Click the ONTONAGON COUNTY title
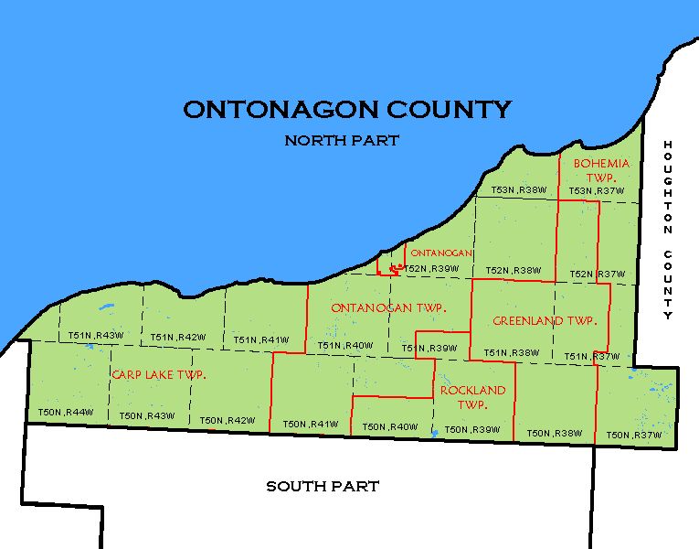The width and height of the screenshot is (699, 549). point(347,110)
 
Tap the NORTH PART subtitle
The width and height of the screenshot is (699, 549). point(342,141)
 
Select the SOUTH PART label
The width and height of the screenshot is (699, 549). point(323,486)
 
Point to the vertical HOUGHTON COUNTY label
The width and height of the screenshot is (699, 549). point(668,230)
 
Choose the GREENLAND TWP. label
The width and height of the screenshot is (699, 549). point(545,321)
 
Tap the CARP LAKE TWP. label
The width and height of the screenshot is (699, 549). point(158,375)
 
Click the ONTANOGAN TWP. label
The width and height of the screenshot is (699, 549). point(388,308)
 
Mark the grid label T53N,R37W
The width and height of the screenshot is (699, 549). point(597,191)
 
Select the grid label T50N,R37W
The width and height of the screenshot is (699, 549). point(633,435)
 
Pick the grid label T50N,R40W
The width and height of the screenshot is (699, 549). point(390,426)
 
